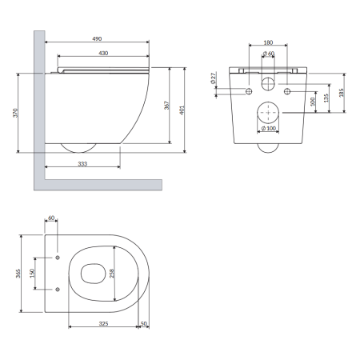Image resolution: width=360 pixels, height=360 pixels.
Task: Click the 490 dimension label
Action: [97, 39]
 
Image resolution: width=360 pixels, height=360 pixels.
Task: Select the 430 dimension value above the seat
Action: [103, 54]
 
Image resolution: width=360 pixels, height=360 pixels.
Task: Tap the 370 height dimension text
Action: [15, 113]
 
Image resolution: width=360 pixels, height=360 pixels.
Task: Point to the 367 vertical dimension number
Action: [166, 105]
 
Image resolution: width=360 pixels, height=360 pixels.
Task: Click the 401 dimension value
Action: [182, 110]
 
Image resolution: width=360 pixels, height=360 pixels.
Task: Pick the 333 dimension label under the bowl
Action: [82, 164]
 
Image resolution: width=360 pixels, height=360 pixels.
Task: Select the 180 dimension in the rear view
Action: [268, 42]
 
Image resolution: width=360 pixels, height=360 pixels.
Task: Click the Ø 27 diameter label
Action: [214, 78]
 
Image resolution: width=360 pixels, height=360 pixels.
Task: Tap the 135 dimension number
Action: [326, 98]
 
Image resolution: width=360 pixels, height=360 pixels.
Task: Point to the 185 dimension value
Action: [342, 93]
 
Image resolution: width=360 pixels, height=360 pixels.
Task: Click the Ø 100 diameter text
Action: [269, 128]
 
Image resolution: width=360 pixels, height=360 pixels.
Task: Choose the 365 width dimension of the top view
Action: [18, 274]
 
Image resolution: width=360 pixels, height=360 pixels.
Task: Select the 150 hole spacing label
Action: [33, 273]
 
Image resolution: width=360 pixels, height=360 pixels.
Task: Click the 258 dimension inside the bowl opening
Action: [112, 274]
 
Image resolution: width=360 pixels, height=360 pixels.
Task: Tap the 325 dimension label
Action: [103, 323]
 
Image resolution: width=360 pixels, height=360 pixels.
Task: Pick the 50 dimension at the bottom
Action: [144, 323]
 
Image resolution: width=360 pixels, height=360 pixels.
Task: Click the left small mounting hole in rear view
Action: [249, 91]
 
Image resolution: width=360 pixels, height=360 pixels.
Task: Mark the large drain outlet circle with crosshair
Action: [268, 113]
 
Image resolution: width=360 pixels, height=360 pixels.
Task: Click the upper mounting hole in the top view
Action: [58, 258]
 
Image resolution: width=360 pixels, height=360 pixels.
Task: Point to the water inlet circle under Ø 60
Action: [268, 84]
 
